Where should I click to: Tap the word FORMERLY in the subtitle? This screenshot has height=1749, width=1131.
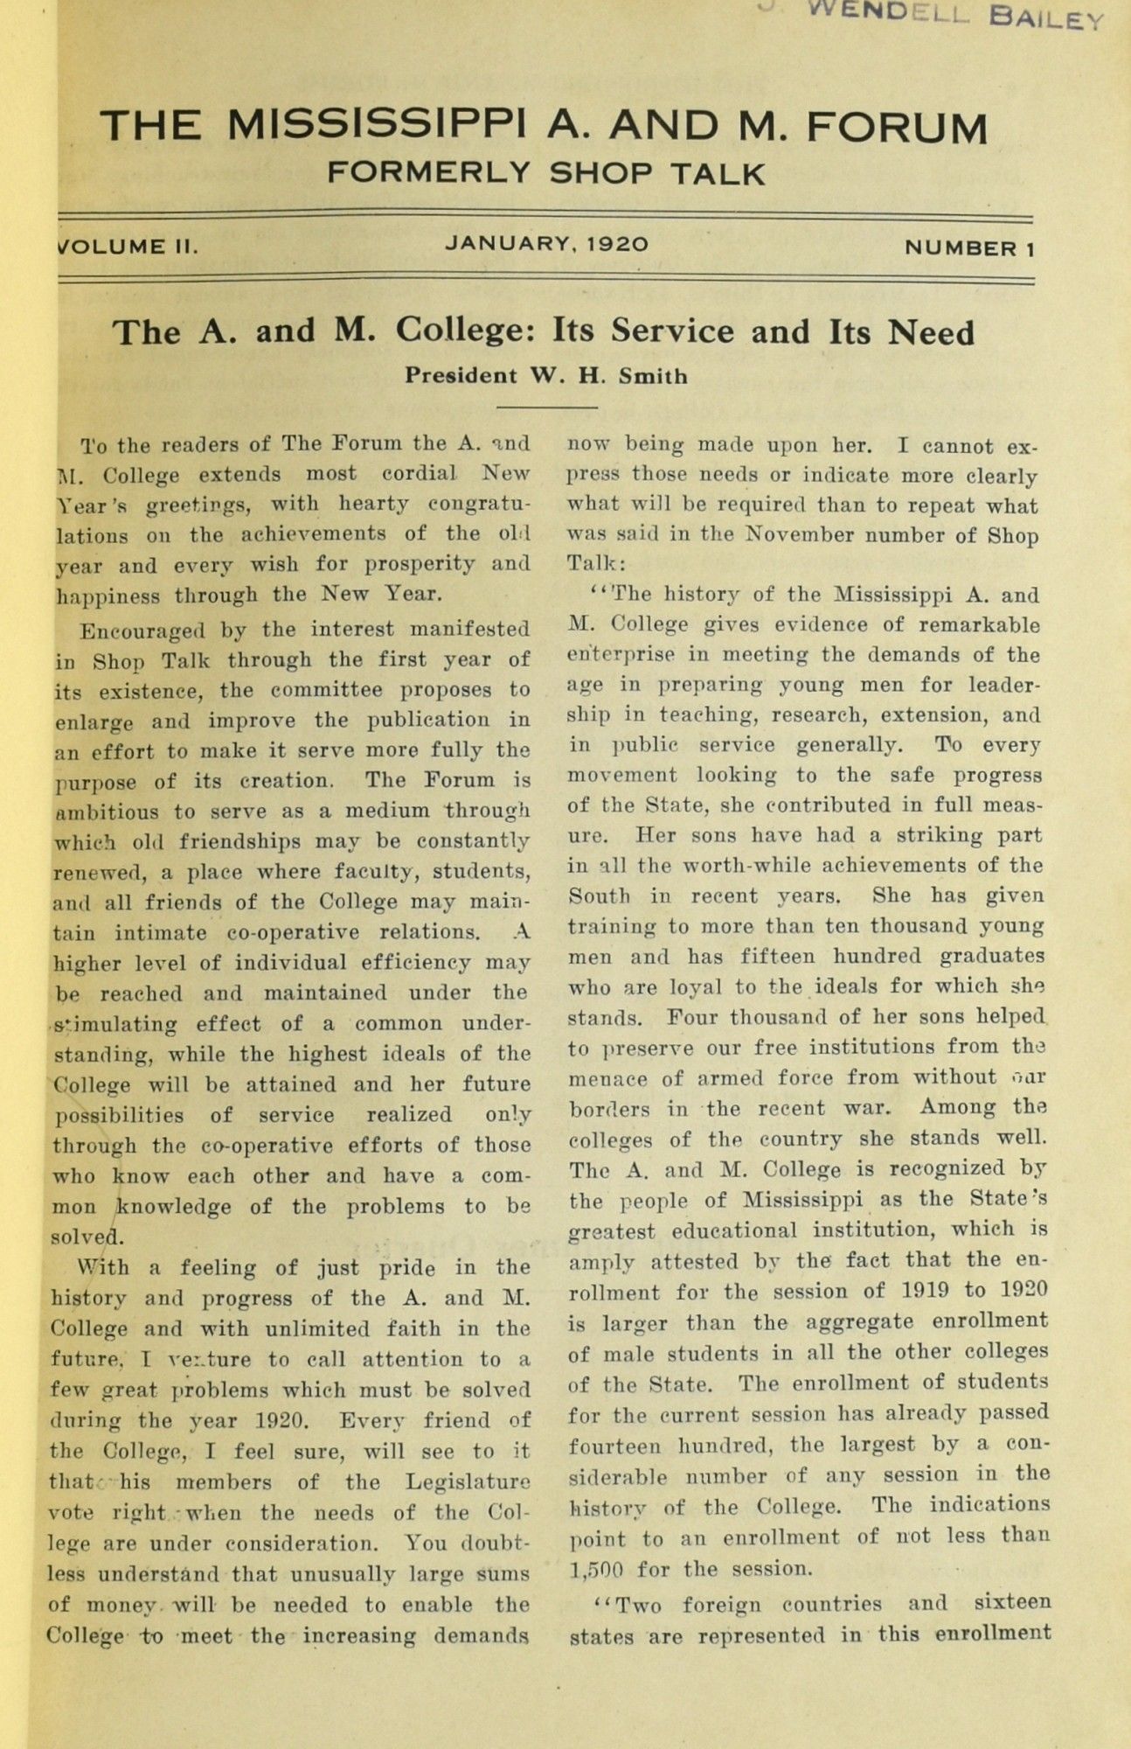[428, 172]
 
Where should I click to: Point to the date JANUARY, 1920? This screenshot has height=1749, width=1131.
[546, 244]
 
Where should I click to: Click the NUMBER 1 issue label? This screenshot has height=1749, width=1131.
[969, 248]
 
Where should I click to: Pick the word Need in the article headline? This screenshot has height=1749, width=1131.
[931, 333]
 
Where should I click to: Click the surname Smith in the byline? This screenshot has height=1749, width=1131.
[653, 377]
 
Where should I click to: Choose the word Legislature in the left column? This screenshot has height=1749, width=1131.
[468, 1482]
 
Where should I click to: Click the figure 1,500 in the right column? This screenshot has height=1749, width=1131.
[595, 1569]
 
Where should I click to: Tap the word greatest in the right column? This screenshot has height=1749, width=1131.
[611, 1231]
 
